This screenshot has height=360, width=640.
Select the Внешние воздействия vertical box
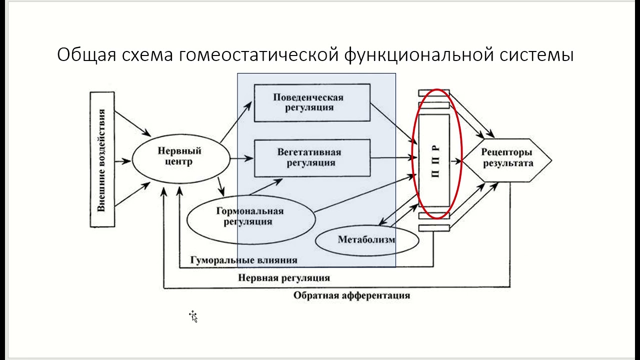[x=102, y=159]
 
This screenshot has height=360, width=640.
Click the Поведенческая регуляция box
[x=312, y=102]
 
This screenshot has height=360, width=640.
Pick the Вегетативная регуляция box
[x=312, y=158]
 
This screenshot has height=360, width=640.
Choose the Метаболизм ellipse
[x=366, y=239]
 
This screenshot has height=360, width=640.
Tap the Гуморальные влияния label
[x=244, y=260]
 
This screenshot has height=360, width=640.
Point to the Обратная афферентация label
[x=351, y=295]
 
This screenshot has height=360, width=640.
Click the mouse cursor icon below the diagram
[x=193, y=316]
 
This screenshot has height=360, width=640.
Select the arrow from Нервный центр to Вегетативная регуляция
[x=242, y=159]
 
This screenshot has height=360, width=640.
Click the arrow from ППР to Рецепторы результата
[x=456, y=161]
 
